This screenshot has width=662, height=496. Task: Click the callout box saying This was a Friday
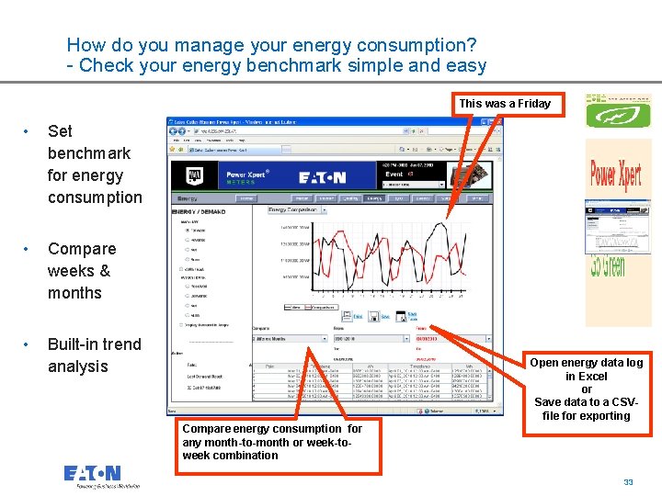coord(505,104)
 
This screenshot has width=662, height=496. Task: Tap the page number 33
coord(629,482)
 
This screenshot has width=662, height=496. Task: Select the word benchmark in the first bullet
coord(89,153)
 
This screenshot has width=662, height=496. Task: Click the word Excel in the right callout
coord(593,377)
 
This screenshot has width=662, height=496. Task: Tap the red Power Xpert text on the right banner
coord(617,175)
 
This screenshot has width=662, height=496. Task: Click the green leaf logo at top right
coord(618,116)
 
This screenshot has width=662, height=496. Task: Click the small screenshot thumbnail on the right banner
coord(617,220)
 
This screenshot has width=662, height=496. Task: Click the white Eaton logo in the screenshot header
coord(322,178)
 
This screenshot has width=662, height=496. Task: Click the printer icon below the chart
coord(374,317)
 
